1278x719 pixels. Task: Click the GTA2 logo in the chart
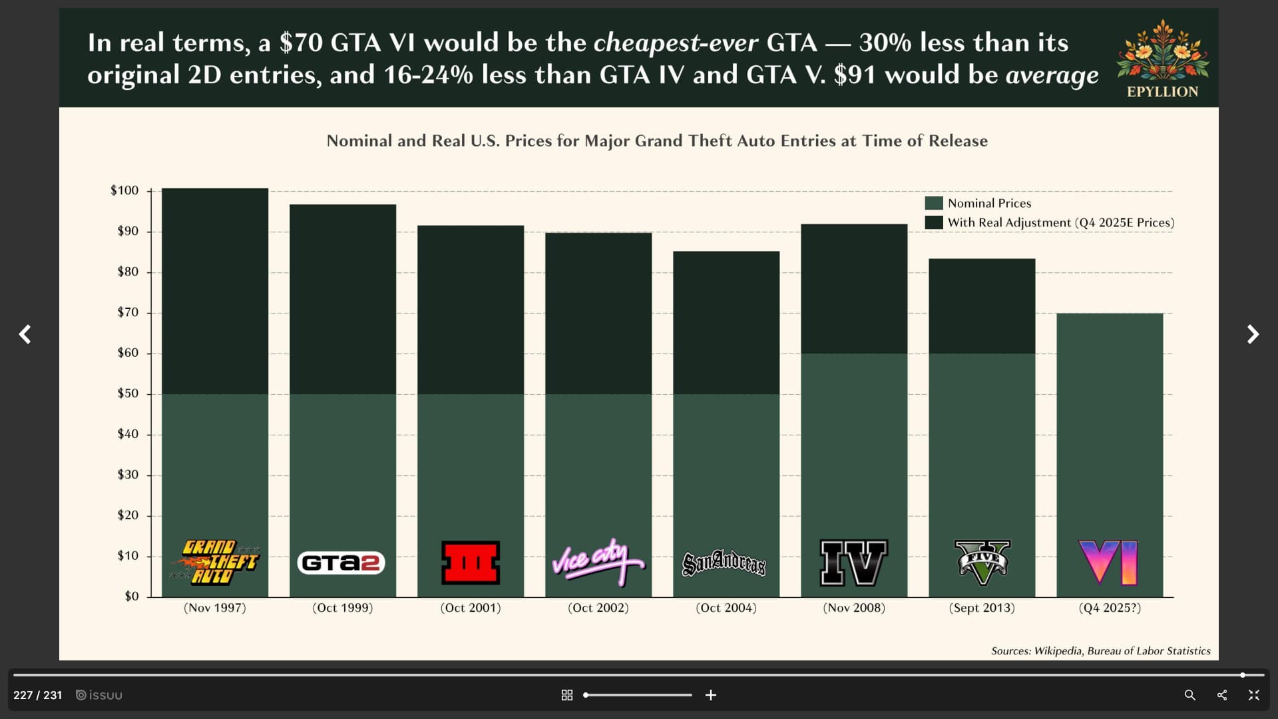click(x=341, y=563)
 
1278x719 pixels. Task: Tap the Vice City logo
click(x=598, y=562)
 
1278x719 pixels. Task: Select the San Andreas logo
click(x=724, y=563)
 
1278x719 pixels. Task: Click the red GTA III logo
click(x=471, y=563)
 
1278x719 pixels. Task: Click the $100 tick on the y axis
click(x=125, y=191)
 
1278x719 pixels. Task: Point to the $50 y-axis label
click(x=128, y=393)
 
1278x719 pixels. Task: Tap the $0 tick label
click(x=132, y=597)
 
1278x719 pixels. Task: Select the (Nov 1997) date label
click(x=215, y=608)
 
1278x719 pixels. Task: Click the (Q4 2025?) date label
click(x=1110, y=608)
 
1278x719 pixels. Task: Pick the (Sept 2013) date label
click(x=982, y=608)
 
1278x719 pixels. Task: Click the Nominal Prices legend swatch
click(x=934, y=203)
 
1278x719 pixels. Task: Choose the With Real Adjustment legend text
click(x=1060, y=222)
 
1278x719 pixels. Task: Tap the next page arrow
click(x=1253, y=334)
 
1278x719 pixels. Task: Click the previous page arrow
click(x=25, y=334)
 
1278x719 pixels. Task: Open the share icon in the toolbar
click(x=1222, y=695)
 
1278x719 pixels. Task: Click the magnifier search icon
click(x=1190, y=695)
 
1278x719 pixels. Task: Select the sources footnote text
click(x=1100, y=651)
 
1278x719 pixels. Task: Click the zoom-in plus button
click(x=711, y=695)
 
